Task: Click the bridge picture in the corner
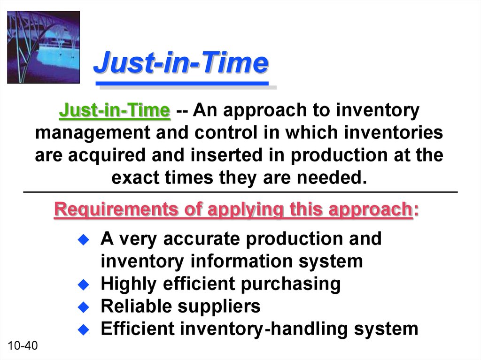[43, 47]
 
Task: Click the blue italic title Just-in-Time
[181, 63]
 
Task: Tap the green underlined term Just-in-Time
[115, 110]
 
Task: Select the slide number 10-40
[23, 345]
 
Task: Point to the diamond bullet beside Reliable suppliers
[84, 307]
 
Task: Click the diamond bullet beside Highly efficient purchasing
[84, 284]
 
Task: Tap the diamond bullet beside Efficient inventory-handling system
[84, 329]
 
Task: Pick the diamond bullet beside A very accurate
[84, 239]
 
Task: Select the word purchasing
[290, 284]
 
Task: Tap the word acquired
[107, 155]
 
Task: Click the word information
[242, 261]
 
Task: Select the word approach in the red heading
[370, 210]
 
